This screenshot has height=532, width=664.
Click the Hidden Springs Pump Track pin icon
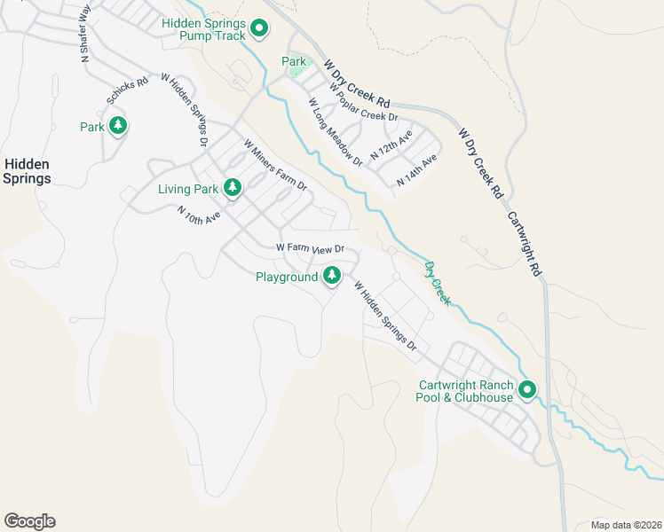(259, 29)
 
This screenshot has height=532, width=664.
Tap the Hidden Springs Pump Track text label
(204, 29)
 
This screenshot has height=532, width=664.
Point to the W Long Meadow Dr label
(336, 132)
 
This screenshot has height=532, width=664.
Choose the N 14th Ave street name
(417, 169)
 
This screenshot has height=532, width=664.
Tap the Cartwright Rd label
(525, 244)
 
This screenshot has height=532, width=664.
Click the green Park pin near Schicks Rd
(117, 126)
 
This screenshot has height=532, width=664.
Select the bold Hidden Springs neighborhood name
(26, 171)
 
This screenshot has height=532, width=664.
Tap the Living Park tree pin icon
(233, 188)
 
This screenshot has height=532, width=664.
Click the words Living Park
(187, 189)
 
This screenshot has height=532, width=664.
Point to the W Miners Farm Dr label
(275, 165)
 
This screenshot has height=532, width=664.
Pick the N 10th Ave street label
(198, 215)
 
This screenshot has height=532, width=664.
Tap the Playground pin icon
(332, 277)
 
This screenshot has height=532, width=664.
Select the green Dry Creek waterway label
(437, 283)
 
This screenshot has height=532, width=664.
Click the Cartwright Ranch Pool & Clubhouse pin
(527, 390)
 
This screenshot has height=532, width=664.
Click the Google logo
(29, 521)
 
